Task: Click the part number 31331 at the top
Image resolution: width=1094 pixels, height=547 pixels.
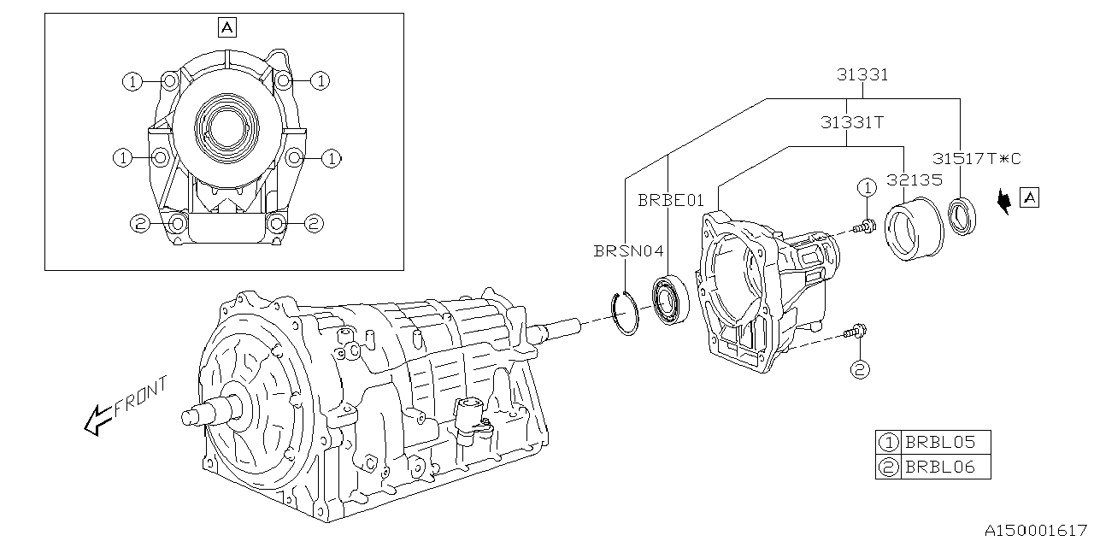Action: pos(862,74)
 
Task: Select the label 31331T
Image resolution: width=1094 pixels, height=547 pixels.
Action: pos(851,122)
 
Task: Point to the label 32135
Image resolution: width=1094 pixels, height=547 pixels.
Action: pos(914,180)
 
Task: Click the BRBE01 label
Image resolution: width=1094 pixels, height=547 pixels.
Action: pos(671,201)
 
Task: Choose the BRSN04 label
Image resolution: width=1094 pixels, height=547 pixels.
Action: pos(628,251)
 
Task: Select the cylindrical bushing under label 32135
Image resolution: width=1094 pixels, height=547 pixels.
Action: pos(913,227)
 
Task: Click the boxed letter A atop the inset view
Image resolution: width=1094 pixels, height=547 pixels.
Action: pos(226,28)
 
